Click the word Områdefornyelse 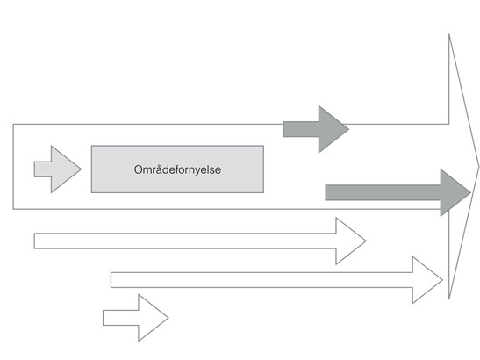pos(177,169)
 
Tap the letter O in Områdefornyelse pos(139,169)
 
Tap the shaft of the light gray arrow pos(43,169)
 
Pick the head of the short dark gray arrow pos(333,129)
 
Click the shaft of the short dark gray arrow pos(301,129)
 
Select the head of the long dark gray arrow pos(455,192)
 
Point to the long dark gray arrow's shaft pos(383,192)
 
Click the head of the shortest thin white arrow pos(153,318)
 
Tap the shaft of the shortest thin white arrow pos(120,318)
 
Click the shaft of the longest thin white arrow pos(261,280)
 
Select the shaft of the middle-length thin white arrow pos(185,241)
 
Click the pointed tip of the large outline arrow pos(479,167)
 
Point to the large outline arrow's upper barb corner pos(449,34)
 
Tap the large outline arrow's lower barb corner pos(449,299)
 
